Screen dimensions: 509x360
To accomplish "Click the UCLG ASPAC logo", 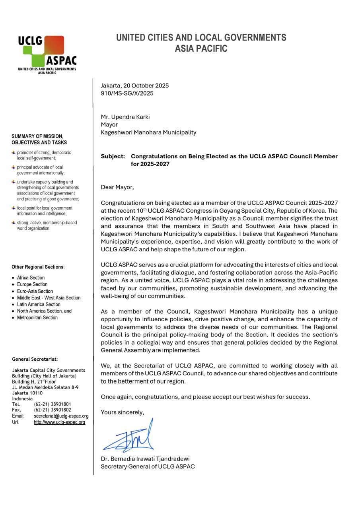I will (x=47, y=54).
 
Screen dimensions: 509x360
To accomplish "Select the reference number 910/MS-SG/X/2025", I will (x=127, y=93).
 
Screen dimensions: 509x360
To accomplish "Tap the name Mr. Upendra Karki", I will (x=125, y=117).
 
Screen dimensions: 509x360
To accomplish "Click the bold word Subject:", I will (x=113, y=156).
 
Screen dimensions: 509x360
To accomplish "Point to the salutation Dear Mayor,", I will (x=117, y=187).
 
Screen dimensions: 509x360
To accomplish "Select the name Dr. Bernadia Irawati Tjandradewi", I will (x=145, y=458).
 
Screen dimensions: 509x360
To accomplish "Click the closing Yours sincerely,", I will (x=122, y=412).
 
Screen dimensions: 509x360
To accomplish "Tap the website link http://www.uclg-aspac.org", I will (x=59, y=422).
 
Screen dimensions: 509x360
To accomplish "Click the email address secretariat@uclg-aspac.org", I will (x=61, y=416).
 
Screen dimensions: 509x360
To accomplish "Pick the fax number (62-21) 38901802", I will (x=53, y=410).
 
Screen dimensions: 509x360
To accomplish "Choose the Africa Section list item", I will (x=31, y=278).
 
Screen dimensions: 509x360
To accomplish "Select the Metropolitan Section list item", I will (x=37, y=317).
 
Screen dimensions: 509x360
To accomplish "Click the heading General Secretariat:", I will (x=35, y=359).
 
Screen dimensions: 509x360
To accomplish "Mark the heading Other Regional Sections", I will (x=38, y=267).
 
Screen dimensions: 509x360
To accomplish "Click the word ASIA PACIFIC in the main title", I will (x=201, y=49).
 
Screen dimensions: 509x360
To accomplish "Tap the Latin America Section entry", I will (x=39, y=304).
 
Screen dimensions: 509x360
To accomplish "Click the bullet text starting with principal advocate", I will (x=40, y=170).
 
